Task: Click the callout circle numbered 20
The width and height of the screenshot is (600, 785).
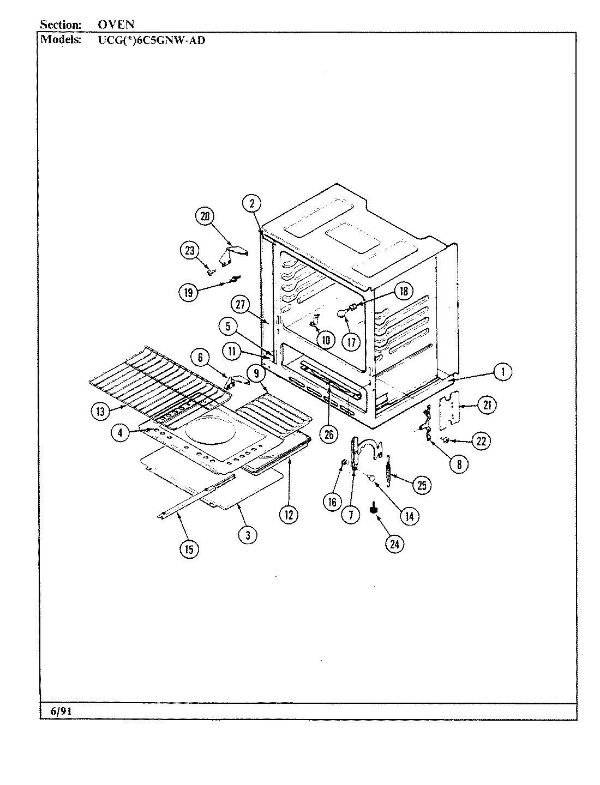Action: pyautogui.click(x=205, y=216)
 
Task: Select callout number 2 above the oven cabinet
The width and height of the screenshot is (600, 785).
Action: pyautogui.click(x=251, y=204)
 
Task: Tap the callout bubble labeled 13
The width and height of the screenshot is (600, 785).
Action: pyautogui.click(x=100, y=412)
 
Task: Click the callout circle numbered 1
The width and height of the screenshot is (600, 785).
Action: pyautogui.click(x=502, y=372)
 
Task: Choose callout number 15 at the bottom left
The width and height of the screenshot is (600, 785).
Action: pyautogui.click(x=189, y=549)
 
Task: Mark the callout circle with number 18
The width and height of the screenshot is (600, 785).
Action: pyautogui.click(x=404, y=291)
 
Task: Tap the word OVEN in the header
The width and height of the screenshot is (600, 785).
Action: pyautogui.click(x=116, y=25)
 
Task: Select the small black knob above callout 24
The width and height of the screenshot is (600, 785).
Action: pyautogui.click(x=374, y=509)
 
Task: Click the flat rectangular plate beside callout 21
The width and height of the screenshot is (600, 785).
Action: pyautogui.click(x=451, y=408)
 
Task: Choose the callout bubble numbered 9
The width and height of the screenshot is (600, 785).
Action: pyautogui.click(x=255, y=373)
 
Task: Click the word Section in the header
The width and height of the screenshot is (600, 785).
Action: pyautogui.click(x=61, y=25)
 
